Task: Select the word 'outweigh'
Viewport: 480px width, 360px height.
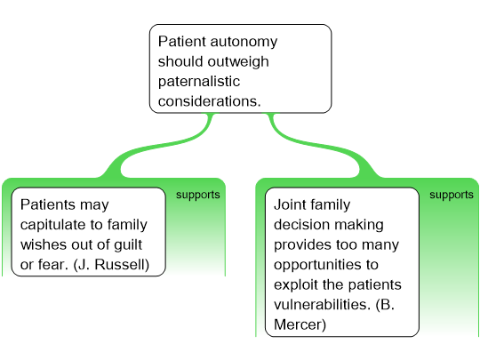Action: (238, 62)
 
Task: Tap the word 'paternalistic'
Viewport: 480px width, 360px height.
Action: (199, 82)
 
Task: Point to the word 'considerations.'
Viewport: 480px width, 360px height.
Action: (210, 101)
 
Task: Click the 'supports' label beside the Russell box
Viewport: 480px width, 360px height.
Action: (197, 195)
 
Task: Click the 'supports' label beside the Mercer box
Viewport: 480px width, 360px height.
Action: (452, 195)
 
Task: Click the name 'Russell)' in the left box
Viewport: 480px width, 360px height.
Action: (122, 265)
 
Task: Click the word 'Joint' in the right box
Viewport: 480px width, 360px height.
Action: (291, 204)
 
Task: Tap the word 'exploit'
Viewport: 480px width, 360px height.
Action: (296, 285)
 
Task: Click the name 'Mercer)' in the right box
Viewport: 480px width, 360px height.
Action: (300, 324)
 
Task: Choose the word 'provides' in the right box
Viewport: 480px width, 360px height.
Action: (302, 245)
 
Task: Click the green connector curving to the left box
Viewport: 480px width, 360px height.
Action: (159, 145)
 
